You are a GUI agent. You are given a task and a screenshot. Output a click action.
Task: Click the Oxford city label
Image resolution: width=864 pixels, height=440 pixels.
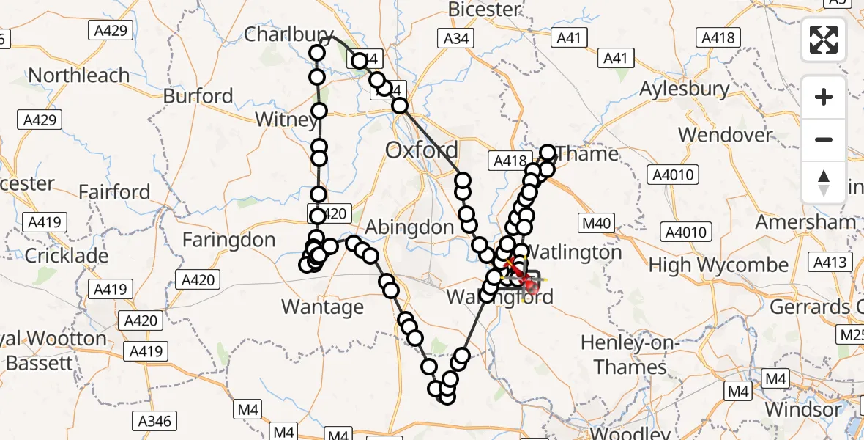pos(422,151)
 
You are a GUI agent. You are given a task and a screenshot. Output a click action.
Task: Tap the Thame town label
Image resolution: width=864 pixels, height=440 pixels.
pos(587,154)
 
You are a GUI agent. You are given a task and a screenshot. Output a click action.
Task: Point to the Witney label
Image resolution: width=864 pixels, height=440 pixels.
pos(286,119)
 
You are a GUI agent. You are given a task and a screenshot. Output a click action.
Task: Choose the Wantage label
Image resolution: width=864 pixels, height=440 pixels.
pos(322,307)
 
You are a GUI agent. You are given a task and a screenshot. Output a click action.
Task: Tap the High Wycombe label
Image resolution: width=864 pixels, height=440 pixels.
pos(719,265)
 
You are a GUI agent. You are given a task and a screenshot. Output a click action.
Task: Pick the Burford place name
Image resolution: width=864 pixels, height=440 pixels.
pos(198,96)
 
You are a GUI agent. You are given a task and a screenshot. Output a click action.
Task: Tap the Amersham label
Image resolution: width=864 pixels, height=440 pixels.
pos(805,221)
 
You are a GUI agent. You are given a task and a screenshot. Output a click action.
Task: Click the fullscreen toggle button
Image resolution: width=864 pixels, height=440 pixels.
pos(824,40)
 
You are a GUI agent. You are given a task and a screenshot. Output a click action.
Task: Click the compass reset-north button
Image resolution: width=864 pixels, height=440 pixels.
pos(824,183)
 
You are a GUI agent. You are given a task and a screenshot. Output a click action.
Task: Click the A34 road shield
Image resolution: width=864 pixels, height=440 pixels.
pos(455,38)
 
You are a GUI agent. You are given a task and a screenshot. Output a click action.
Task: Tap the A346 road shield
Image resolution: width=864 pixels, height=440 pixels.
pos(155,421)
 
